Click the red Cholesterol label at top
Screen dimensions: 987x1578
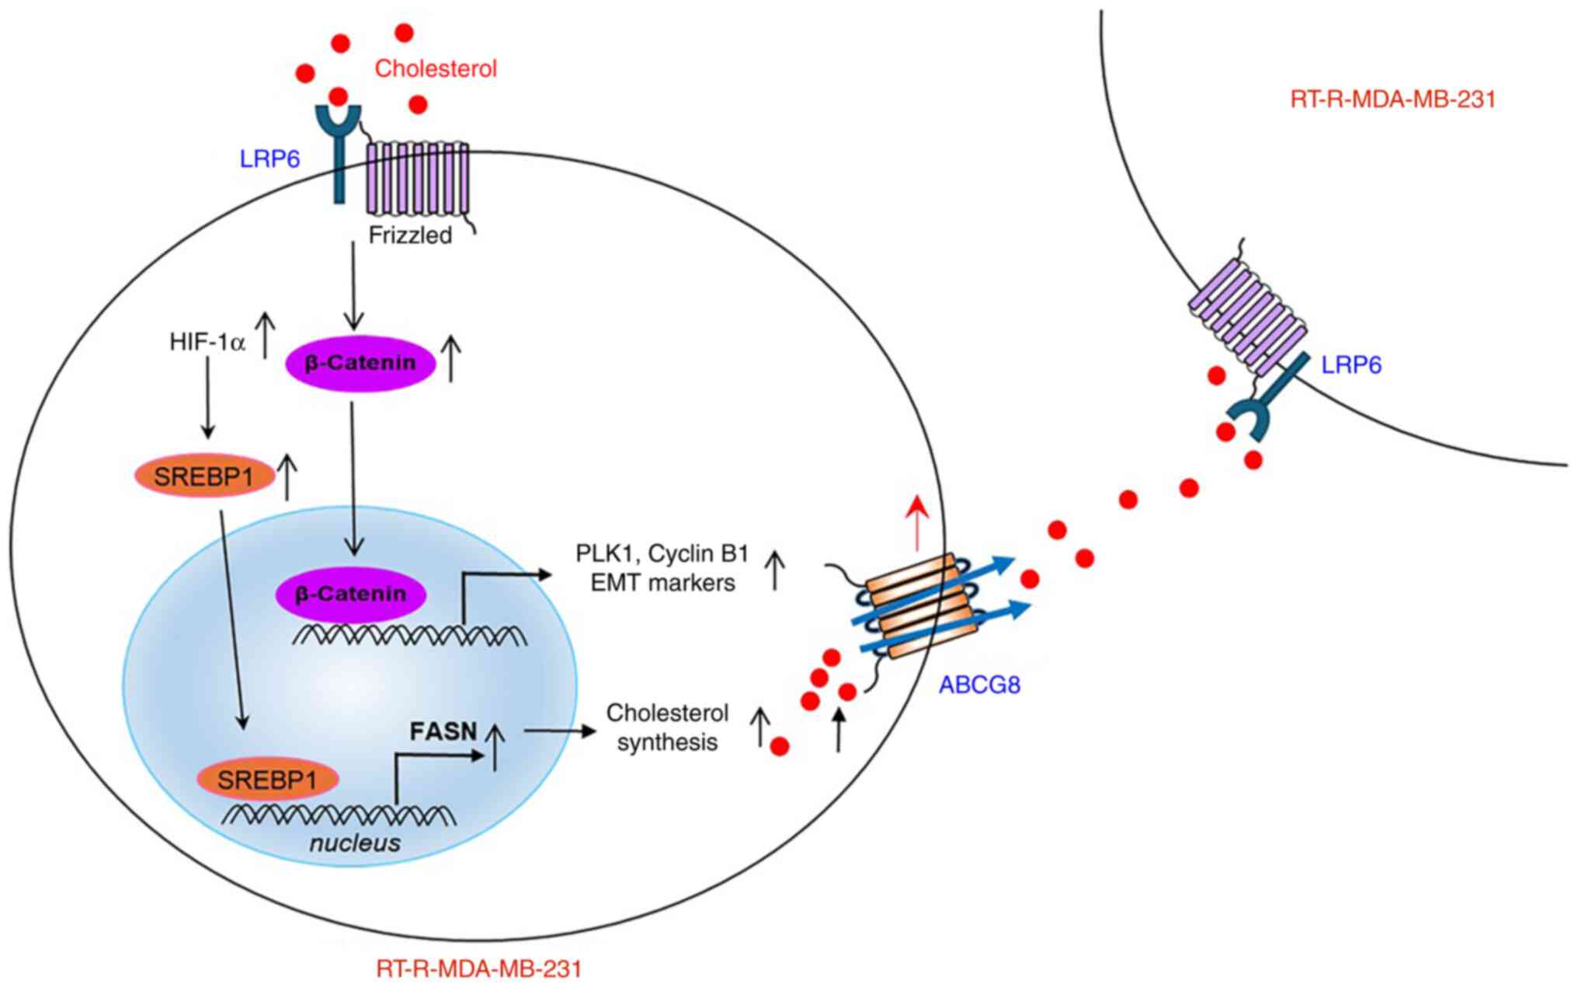[436, 68]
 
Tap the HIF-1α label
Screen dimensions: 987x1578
[207, 342]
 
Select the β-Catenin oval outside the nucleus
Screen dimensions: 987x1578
[360, 363]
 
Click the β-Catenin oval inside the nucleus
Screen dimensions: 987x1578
[350, 595]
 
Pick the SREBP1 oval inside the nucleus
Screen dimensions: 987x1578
[268, 779]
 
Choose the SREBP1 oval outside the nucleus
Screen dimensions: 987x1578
[204, 476]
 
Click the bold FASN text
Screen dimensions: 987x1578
[443, 731]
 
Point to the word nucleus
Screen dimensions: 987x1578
[355, 843]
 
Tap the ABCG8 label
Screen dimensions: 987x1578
[979, 685]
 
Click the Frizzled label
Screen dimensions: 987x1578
[410, 235]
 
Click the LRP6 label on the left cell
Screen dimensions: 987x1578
[269, 159]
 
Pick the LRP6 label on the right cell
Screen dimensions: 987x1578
[1351, 364]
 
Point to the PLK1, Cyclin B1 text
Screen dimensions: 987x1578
[662, 553]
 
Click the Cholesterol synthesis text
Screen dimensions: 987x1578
[667, 727]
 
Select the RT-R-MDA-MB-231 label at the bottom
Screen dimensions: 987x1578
[478, 969]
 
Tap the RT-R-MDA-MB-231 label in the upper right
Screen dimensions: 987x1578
[1392, 99]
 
